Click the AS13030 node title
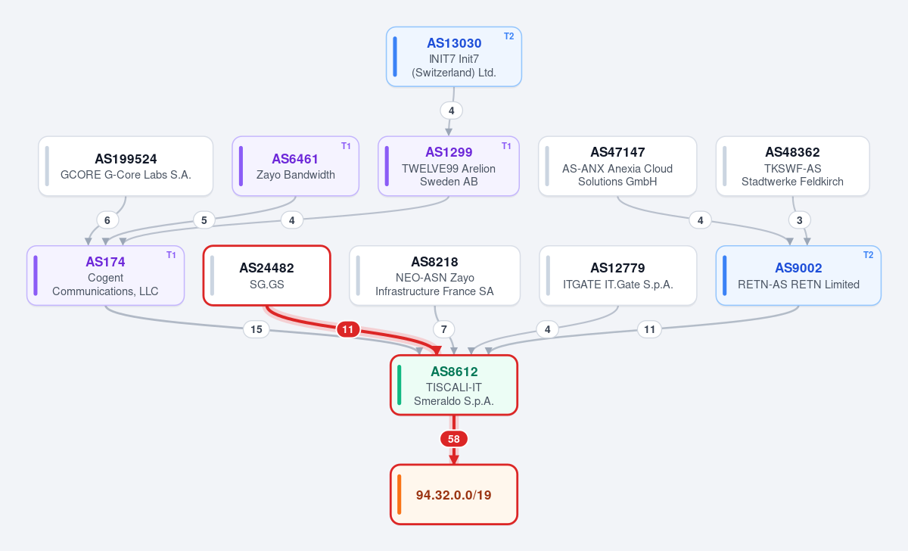tap(454, 43)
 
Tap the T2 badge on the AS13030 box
tap(508, 36)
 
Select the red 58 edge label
tap(453, 439)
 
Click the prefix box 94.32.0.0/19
tap(454, 494)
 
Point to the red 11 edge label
tap(348, 329)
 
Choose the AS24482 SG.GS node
tap(266, 275)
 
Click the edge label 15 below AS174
tap(257, 329)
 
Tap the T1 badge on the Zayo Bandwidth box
tap(346, 145)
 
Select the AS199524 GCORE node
tap(126, 167)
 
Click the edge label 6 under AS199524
tap(107, 220)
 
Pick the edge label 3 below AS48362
tap(799, 220)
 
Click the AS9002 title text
tap(798, 268)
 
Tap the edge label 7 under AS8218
tap(444, 329)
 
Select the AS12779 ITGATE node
tap(617, 275)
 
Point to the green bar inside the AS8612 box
tap(400, 384)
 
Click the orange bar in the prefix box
tap(400, 494)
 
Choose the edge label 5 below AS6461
tap(204, 220)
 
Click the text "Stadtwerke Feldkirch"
tap(792, 182)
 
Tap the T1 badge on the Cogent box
tap(171, 254)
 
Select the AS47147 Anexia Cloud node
tap(617, 167)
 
